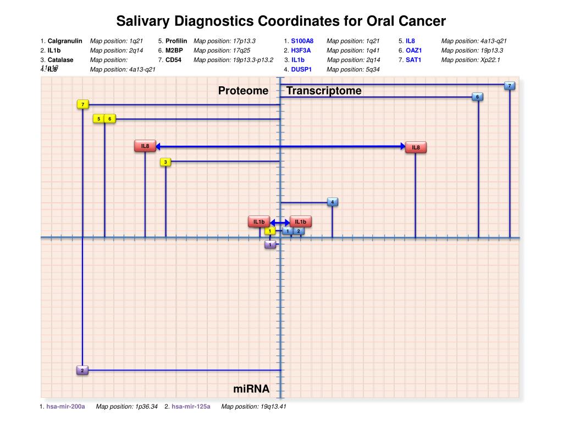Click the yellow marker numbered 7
[x=82, y=104]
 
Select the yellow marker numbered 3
[x=165, y=162]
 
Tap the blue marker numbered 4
[x=332, y=202]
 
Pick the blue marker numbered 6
[x=478, y=97]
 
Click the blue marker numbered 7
[x=510, y=86]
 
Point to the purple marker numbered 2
[x=82, y=370]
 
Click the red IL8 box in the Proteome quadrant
[x=145, y=146]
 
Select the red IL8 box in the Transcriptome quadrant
[x=416, y=147]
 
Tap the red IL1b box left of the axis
[x=259, y=222]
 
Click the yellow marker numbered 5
[x=98, y=118]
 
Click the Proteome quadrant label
[x=243, y=91]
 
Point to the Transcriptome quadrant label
[x=324, y=91]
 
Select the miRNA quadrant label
[x=251, y=389]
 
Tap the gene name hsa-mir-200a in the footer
[x=65, y=407]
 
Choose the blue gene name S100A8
[x=302, y=41]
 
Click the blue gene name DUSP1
[x=301, y=69]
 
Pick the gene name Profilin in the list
[x=176, y=41]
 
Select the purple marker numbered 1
[x=270, y=244]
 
